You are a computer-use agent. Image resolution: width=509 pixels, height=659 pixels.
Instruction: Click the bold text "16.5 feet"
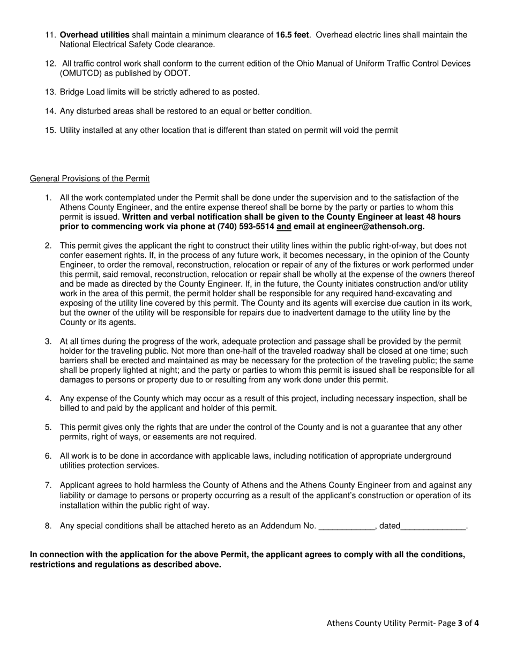coord(292,35)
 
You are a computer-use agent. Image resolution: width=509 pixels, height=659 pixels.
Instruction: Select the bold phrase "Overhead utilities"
coord(94,35)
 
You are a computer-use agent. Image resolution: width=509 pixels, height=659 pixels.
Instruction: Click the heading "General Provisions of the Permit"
coord(89,178)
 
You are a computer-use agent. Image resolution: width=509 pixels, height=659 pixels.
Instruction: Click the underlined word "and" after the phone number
coord(284,227)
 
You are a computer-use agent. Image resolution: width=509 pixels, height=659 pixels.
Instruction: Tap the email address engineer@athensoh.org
coord(378,227)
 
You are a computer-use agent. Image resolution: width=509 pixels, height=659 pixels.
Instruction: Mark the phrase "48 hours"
coord(445,217)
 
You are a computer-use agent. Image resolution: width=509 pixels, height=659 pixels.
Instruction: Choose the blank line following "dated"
coord(433,526)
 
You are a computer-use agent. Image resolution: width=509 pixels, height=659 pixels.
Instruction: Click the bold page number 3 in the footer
coord(460,623)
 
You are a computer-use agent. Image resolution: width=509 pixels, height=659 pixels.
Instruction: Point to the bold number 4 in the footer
coord(476,623)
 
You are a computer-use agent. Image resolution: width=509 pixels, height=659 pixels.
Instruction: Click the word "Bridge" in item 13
coord(72,92)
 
